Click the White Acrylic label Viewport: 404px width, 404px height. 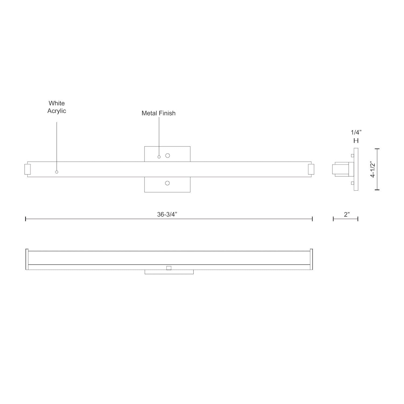[x=57, y=107]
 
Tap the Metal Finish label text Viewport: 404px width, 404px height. [x=158, y=113]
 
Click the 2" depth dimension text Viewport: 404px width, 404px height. [x=347, y=215]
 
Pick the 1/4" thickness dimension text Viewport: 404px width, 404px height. [x=356, y=133]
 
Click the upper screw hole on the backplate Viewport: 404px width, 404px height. [x=168, y=155]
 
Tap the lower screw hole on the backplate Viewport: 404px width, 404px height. [x=167, y=183]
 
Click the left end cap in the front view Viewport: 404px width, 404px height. [x=27, y=169]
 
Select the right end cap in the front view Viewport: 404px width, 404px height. [x=311, y=169]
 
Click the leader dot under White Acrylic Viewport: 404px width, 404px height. [x=57, y=172]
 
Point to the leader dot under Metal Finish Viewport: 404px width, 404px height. [x=159, y=157]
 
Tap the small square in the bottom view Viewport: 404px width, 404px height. [x=169, y=268]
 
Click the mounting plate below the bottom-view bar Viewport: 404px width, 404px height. [x=169, y=272]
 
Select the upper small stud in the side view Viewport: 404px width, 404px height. [x=352, y=155]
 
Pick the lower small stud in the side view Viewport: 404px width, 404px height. [x=352, y=183]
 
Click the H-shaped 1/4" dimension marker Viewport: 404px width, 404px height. [x=356, y=141]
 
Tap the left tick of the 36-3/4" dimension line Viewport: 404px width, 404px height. [x=26, y=219]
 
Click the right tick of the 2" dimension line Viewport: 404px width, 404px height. [x=358, y=219]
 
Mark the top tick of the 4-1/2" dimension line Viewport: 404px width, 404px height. [x=377, y=149]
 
